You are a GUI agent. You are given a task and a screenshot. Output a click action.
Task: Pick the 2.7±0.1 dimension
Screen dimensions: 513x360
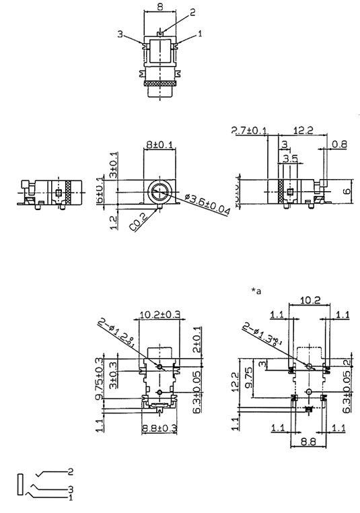pyautogui.click(x=250, y=130)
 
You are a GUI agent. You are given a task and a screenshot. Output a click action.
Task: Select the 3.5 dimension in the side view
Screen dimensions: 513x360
pyautogui.click(x=291, y=159)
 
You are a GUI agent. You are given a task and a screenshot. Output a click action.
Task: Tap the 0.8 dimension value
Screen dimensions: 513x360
pyautogui.click(x=340, y=143)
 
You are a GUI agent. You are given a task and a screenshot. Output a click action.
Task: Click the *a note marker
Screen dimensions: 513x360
pyautogui.click(x=256, y=291)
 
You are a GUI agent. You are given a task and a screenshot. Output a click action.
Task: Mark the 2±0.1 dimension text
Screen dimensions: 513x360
pyautogui.click(x=196, y=341)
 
